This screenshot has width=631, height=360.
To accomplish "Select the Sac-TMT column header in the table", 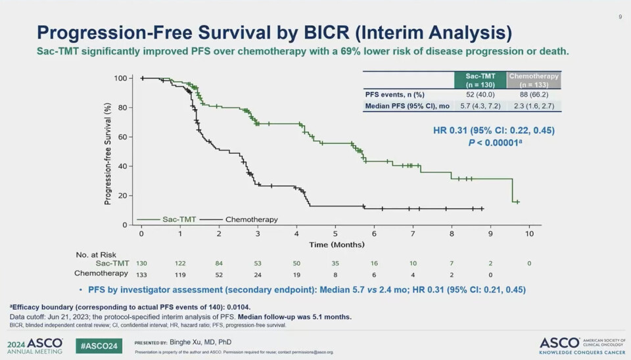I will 481,80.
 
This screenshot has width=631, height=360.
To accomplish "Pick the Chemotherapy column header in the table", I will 534,80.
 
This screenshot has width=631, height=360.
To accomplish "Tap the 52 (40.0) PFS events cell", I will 481,94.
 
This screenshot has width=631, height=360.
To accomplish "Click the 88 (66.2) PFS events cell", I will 534,94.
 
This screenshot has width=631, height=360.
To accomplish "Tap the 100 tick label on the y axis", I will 120,78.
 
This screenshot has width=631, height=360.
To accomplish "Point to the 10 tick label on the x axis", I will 529,234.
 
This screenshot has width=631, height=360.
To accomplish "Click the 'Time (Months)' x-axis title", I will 336,244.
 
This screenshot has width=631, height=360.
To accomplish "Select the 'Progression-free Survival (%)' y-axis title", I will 107,152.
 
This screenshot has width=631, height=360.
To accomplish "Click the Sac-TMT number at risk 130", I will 141,263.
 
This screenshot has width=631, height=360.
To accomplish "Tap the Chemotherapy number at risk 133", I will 141,273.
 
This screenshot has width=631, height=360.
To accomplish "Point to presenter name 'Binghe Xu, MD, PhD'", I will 200,342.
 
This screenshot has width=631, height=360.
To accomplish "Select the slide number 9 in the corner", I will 620,17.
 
